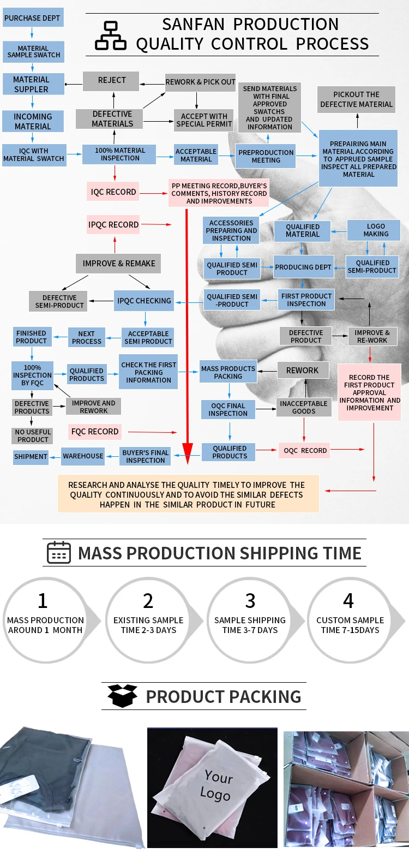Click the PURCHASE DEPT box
(32, 18)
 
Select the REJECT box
(111, 81)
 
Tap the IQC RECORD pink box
(113, 192)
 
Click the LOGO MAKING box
(376, 230)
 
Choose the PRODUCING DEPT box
(303, 267)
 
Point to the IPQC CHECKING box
(144, 301)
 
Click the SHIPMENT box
(31, 457)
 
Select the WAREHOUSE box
(83, 456)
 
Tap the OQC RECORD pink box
(305, 451)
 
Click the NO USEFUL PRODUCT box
(33, 436)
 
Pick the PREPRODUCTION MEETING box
(266, 157)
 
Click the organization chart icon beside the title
(111, 36)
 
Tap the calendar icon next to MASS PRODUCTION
(59, 553)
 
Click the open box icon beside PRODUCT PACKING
(122, 696)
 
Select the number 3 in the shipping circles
(250, 601)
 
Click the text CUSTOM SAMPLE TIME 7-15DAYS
(350, 625)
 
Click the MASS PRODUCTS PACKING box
(228, 373)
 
